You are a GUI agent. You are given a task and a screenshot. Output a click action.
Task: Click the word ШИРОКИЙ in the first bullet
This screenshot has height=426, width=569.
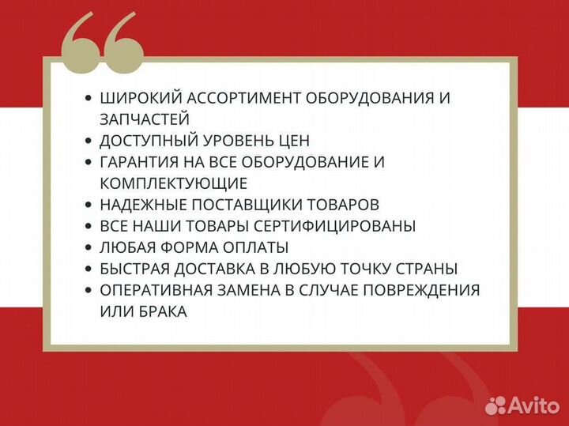(x=137, y=98)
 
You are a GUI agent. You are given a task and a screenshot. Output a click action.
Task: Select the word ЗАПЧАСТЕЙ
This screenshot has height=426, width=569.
(x=145, y=119)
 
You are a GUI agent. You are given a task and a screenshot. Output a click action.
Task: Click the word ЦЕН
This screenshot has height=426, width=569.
(x=288, y=141)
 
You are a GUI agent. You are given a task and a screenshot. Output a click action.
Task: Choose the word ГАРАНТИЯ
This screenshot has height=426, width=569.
(x=141, y=162)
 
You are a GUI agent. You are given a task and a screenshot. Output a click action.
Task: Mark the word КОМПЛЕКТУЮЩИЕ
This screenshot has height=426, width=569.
(x=174, y=183)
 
